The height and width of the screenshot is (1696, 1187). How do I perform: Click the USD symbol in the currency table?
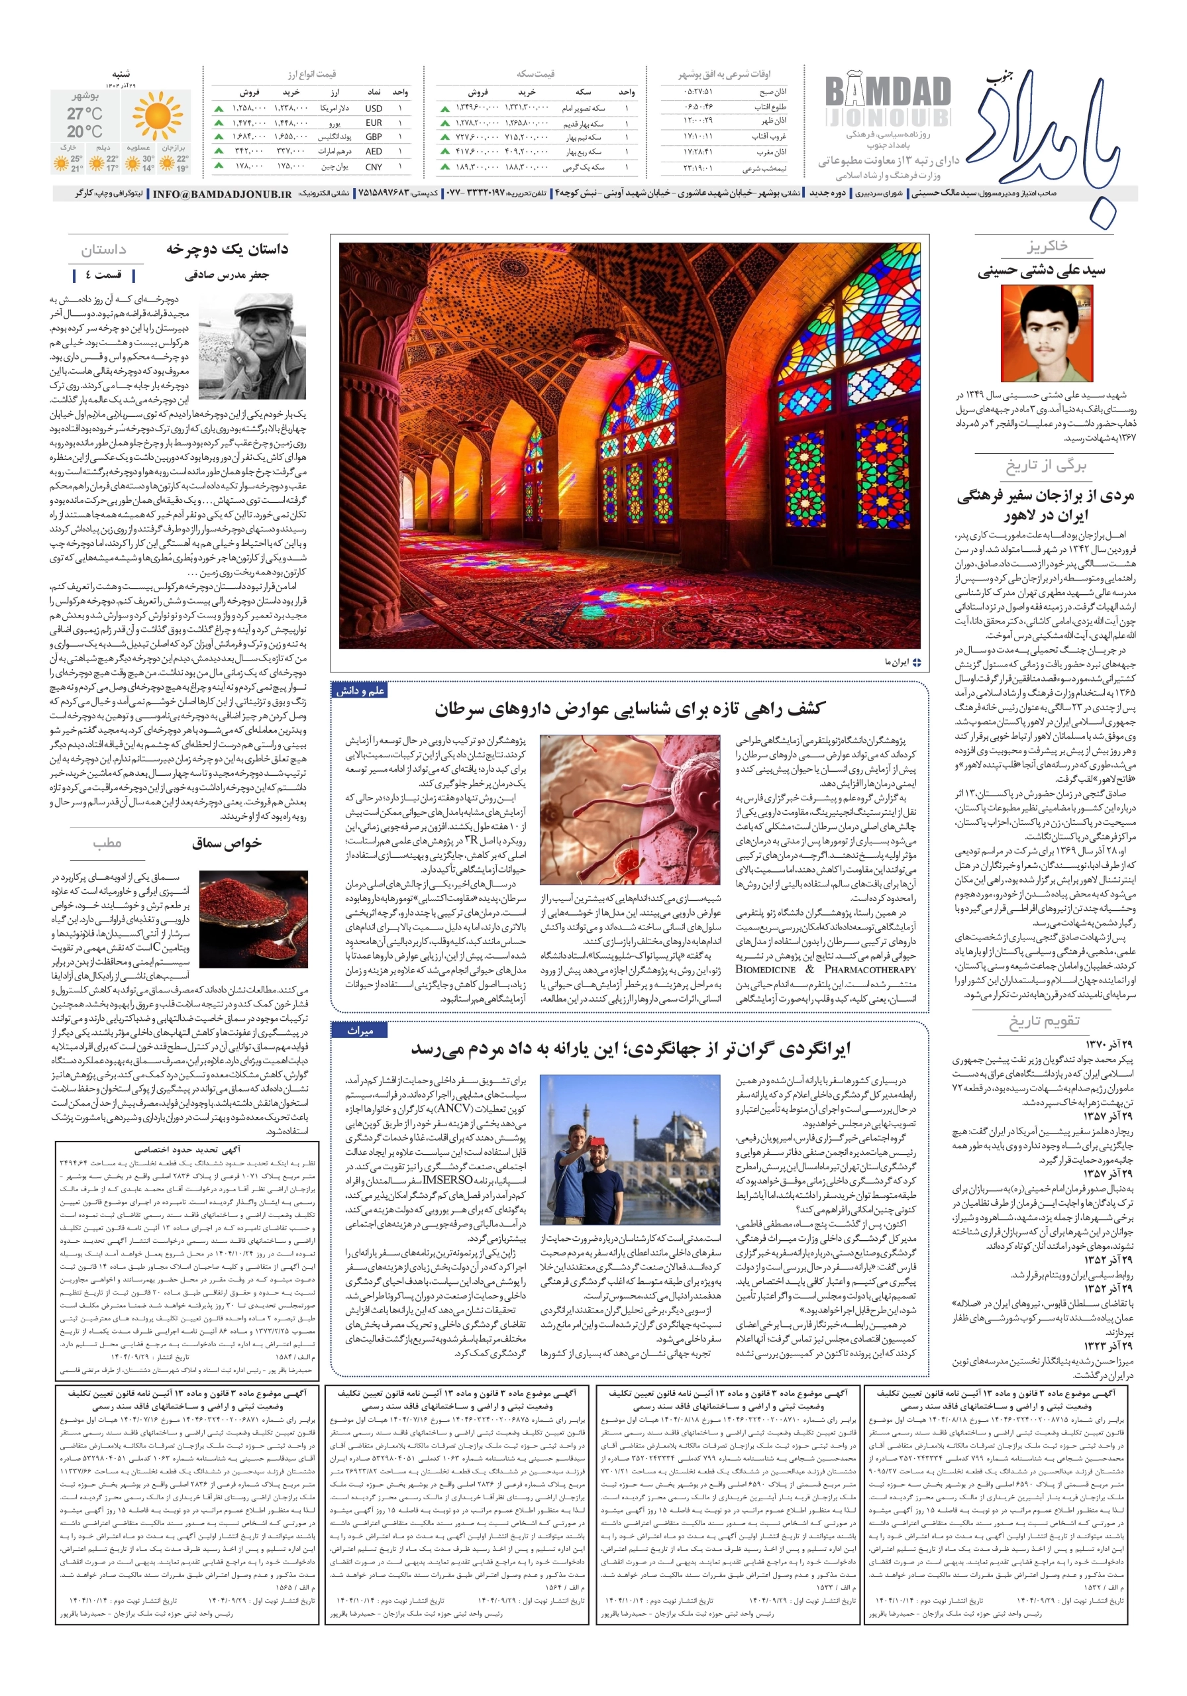(x=374, y=108)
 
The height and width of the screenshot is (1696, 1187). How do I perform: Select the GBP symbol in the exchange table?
(x=374, y=136)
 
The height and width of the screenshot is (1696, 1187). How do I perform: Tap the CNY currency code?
(x=374, y=167)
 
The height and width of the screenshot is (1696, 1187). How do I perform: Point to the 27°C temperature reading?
(x=84, y=113)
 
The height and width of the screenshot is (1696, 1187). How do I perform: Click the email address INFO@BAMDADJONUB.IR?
(x=223, y=193)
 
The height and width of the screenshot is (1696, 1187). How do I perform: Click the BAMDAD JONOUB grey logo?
(x=887, y=100)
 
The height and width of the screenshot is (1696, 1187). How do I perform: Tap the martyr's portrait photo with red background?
(x=1047, y=333)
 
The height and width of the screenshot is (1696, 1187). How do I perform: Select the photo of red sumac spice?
(x=253, y=918)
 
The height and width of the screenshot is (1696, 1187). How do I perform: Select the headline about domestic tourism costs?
(x=630, y=1047)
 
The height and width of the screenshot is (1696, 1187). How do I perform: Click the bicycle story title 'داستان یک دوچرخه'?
(x=227, y=249)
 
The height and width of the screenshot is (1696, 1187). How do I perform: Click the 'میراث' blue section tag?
(x=360, y=1030)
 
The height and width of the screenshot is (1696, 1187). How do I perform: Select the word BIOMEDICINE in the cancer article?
(x=765, y=969)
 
